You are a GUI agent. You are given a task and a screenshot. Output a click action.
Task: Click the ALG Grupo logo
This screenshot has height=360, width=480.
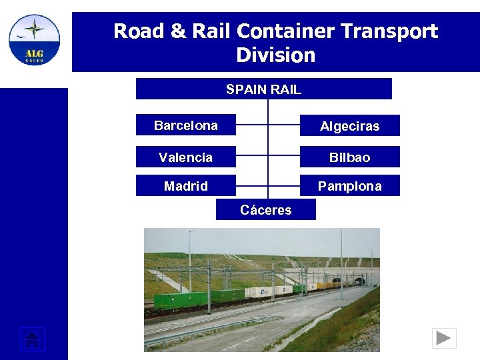click(34, 40)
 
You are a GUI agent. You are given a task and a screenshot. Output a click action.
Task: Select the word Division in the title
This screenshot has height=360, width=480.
click(275, 55)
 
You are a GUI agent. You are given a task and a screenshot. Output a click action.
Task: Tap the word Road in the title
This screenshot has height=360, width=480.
click(137, 31)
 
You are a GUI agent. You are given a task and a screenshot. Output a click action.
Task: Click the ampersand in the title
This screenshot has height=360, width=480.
click(178, 31)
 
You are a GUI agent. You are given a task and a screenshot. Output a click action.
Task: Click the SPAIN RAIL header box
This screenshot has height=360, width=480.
click(263, 89)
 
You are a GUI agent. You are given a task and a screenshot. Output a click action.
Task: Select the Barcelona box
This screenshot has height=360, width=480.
click(185, 125)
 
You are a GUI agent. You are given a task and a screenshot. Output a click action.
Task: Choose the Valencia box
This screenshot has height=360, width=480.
click(185, 157)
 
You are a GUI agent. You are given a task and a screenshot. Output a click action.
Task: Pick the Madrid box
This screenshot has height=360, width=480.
click(185, 186)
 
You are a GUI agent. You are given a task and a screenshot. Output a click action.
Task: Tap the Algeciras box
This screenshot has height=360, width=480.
click(349, 126)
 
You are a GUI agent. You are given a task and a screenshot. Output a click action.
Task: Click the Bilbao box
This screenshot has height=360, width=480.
click(349, 157)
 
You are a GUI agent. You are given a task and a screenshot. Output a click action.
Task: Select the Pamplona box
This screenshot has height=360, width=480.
click(349, 186)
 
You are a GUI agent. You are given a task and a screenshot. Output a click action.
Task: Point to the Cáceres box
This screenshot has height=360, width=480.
click(265, 210)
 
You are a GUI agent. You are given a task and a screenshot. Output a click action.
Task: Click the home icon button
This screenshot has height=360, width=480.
click(31, 339)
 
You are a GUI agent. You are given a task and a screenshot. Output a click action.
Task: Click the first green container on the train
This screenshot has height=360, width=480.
click(180, 300)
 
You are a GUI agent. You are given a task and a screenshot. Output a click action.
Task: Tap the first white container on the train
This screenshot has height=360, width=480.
click(259, 292)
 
